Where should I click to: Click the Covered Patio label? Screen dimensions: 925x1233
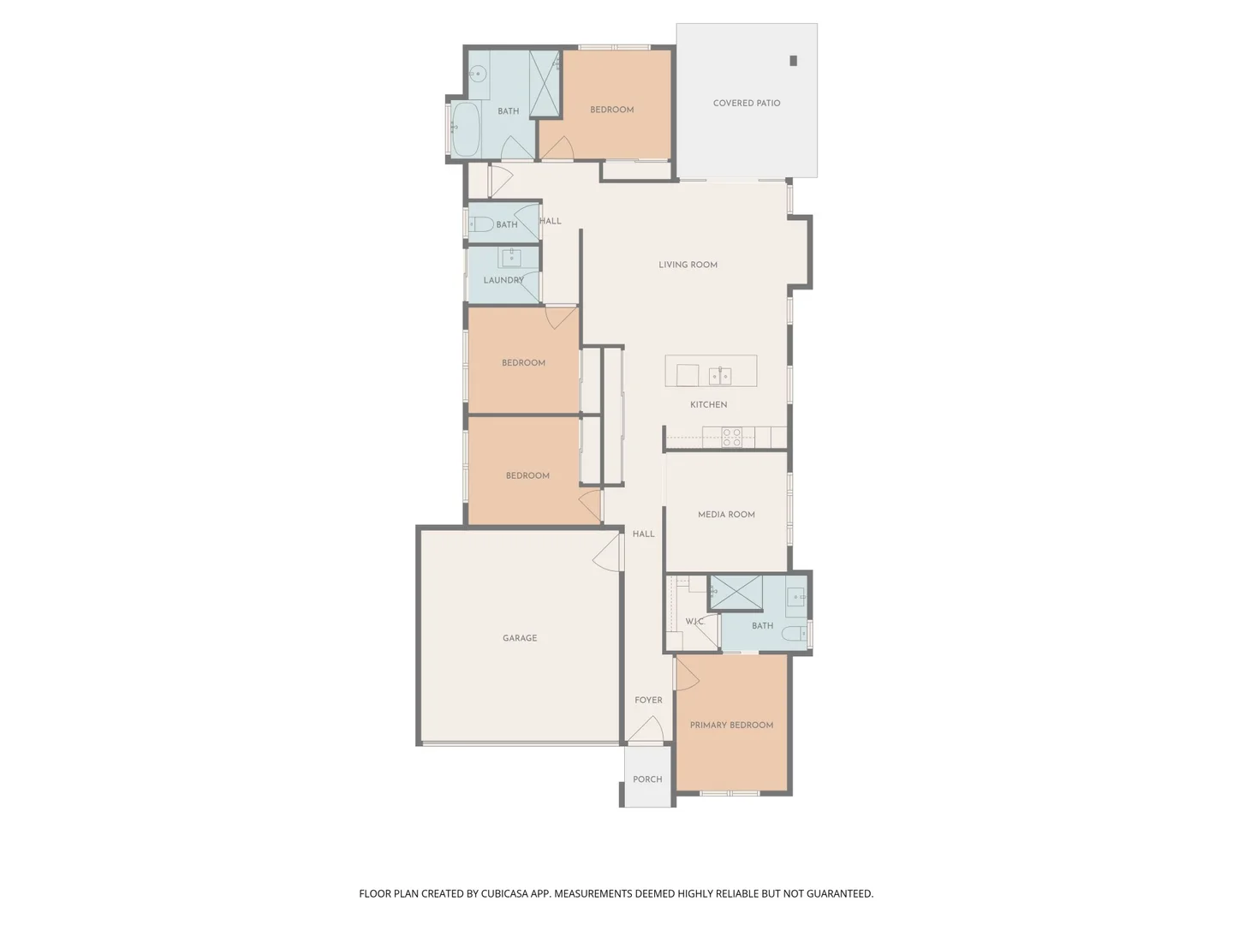[746, 103]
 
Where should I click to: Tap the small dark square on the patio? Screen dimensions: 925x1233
[793, 61]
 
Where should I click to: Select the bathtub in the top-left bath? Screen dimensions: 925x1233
[465, 129]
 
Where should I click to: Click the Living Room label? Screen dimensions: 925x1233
[688, 265]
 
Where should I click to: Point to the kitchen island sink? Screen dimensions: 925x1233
[719, 375]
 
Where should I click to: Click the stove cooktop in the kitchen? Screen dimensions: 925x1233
[731, 438]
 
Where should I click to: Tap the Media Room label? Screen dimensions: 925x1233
[726, 515]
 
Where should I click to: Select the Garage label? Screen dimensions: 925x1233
[520, 638]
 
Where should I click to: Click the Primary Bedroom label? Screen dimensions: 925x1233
[731, 725]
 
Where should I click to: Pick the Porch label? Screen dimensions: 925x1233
[647, 779]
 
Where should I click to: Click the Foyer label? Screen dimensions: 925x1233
[648, 700]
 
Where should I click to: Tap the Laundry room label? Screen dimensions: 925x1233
[503, 280]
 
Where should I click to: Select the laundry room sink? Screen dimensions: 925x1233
[511, 257]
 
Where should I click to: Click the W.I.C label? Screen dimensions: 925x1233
[694, 621]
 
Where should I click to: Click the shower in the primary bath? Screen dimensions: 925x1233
[736, 593]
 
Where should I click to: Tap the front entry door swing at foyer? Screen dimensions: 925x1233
[646, 731]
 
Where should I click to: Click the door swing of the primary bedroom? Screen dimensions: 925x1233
[687, 674]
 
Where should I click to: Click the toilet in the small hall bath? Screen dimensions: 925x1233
[481, 224]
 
